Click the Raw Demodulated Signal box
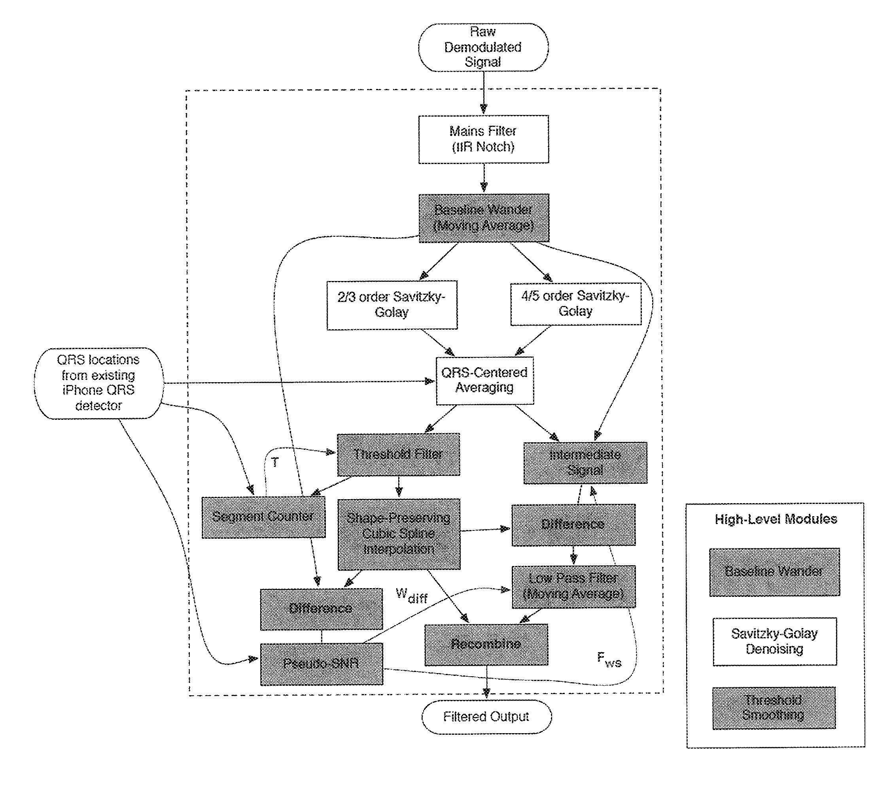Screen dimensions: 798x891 click(483, 47)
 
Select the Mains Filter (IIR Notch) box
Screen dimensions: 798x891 click(483, 139)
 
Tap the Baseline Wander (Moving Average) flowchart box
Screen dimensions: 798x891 click(483, 218)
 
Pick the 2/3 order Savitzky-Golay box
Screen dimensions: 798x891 click(392, 305)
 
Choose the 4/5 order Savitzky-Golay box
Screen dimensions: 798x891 click(575, 304)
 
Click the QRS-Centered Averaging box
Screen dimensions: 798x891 click(485, 380)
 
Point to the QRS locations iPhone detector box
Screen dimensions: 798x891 click(99, 383)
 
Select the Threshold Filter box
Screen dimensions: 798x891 click(398, 454)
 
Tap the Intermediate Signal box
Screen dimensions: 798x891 click(585, 462)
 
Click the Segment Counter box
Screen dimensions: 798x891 click(263, 517)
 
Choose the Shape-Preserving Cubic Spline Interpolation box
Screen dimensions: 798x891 click(399, 534)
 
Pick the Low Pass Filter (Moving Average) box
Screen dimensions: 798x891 click(573, 586)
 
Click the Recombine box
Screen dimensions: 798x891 click(486, 644)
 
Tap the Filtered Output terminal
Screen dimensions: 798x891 click(486, 717)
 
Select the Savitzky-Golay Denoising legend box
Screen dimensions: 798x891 click(774, 641)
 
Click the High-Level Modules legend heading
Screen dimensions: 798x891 click(776, 519)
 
